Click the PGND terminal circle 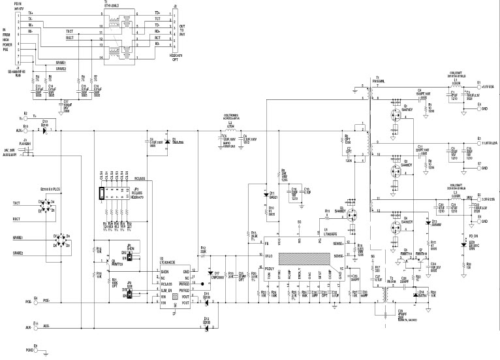pos(34,350)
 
